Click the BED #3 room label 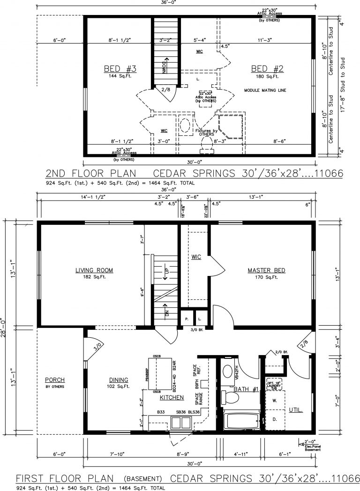120,69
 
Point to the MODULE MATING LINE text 265,89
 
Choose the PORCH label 55,379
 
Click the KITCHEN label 171,397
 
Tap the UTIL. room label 295,409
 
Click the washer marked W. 275,401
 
